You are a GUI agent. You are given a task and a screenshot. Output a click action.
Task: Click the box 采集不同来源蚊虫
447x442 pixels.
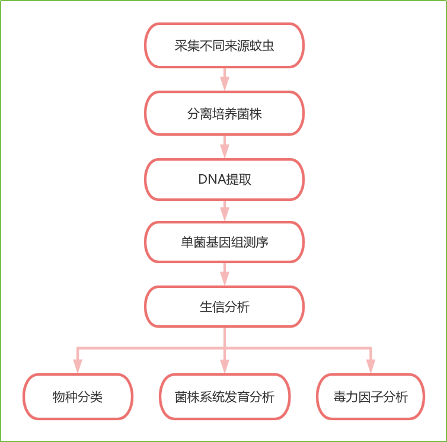tap(224, 46)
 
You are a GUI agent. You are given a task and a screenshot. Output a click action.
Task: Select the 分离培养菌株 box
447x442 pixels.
tap(224, 113)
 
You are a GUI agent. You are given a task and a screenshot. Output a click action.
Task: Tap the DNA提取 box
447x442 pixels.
tap(224, 180)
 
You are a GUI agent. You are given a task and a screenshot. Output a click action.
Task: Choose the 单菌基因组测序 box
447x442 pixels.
tap(224, 242)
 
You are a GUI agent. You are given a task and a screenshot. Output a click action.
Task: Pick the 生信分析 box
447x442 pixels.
tap(224, 306)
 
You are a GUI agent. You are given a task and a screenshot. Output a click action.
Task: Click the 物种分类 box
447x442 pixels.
tap(78, 397)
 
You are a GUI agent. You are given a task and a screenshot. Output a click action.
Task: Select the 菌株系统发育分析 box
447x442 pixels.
tap(224, 397)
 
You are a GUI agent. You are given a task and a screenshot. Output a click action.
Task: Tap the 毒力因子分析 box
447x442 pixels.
tap(371, 397)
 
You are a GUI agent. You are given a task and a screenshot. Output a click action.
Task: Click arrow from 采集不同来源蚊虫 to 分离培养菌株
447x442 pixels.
tap(225, 79)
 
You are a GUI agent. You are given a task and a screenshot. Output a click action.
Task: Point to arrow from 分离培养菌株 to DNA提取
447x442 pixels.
tap(225, 146)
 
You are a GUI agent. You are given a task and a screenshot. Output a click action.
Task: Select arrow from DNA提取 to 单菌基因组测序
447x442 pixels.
tap(225, 210)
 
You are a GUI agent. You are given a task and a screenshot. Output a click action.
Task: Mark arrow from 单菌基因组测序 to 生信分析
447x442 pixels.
tap(225, 274)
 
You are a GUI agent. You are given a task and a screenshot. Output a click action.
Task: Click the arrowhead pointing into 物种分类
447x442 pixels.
tap(78, 366)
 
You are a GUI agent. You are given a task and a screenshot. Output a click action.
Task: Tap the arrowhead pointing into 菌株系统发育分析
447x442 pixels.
tap(225, 366)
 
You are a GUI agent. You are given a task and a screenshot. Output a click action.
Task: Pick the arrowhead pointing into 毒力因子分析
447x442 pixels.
tap(371, 366)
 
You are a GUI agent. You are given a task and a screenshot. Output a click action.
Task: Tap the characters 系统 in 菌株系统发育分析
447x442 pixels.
tap(212, 397)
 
